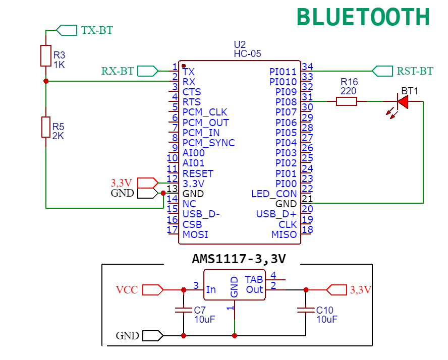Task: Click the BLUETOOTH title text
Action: [x=363, y=17]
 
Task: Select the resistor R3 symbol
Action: [x=46, y=55]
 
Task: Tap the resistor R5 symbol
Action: [x=46, y=127]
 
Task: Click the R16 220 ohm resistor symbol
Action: [x=347, y=101]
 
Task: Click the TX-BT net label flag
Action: [x=66, y=30]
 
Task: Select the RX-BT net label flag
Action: [x=147, y=71]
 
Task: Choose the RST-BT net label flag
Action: [x=382, y=71]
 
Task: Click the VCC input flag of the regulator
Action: [x=152, y=290]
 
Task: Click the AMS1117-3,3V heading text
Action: [x=239, y=259]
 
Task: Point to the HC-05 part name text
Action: [x=247, y=53]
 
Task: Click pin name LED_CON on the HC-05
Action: [x=274, y=194]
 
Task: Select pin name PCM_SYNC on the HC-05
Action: [x=208, y=143]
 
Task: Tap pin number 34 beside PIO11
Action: [x=307, y=67]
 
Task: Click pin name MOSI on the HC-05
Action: [x=195, y=234]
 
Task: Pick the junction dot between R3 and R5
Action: [x=46, y=81]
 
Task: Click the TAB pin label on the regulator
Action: [x=254, y=279]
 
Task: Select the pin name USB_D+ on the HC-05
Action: [x=276, y=214]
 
